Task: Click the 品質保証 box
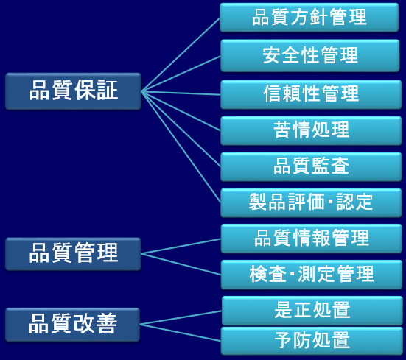tap(73, 91)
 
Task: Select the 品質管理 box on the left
tap(73, 254)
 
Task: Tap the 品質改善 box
tap(72, 325)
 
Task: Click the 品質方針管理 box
tap(309, 18)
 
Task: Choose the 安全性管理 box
tap(310, 56)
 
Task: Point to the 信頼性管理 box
tap(311, 95)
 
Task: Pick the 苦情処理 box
tap(311, 130)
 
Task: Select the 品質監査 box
tap(311, 167)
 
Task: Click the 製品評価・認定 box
tap(311, 202)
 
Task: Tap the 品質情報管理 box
tap(311, 239)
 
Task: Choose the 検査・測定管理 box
tap(311, 275)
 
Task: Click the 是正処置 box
tap(312, 311)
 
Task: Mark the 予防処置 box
tap(312, 341)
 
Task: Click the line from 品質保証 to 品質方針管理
tap(181, 54)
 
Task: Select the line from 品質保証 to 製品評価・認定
tap(181, 147)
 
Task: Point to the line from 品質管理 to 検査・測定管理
tap(181, 264)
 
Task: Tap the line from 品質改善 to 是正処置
tap(181, 317)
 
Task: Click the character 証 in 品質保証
tap(107, 91)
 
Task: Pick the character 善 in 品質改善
tap(106, 323)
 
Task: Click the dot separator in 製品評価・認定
tap(330, 202)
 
